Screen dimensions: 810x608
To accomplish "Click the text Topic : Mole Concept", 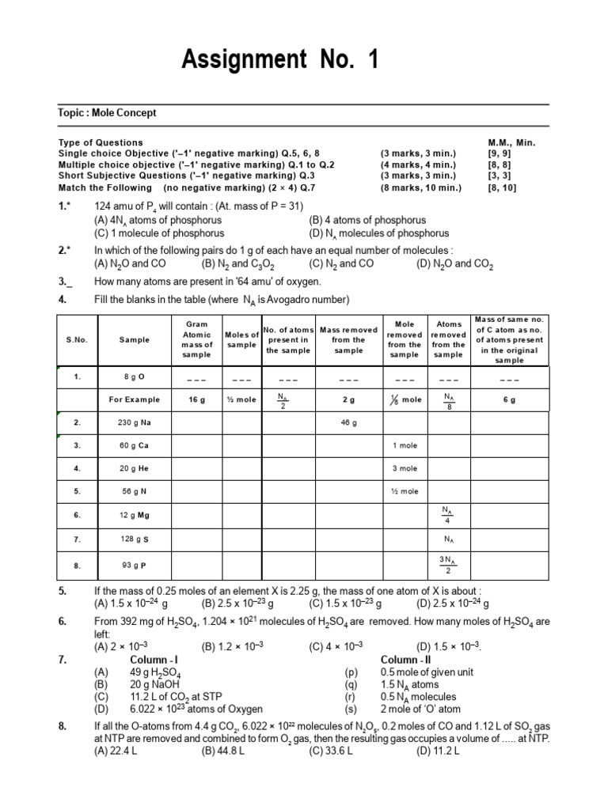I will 108,113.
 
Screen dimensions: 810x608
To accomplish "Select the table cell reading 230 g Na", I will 135,423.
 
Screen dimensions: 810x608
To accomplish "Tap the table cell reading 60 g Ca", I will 135,445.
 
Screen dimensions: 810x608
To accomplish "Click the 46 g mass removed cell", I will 348,423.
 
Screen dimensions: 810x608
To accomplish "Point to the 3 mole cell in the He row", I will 405,468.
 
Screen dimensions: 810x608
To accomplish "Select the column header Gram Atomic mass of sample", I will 197,339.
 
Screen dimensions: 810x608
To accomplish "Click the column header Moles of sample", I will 241,339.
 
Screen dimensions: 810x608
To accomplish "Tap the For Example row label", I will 135,400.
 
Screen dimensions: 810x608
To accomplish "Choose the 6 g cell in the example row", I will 509,400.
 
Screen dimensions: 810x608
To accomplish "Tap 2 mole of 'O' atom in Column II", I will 420,709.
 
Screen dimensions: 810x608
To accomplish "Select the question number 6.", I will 63,622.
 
